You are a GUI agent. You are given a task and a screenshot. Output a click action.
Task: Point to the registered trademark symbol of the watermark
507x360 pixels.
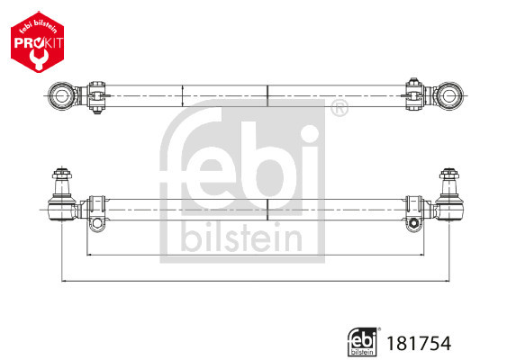tap(339, 112)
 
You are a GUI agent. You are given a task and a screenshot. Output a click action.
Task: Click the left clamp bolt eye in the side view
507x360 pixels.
tap(95, 221)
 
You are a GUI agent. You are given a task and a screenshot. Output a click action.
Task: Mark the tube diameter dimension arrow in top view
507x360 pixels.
tap(183, 94)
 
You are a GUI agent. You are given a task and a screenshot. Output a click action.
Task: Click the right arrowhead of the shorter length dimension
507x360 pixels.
tap(419, 255)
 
